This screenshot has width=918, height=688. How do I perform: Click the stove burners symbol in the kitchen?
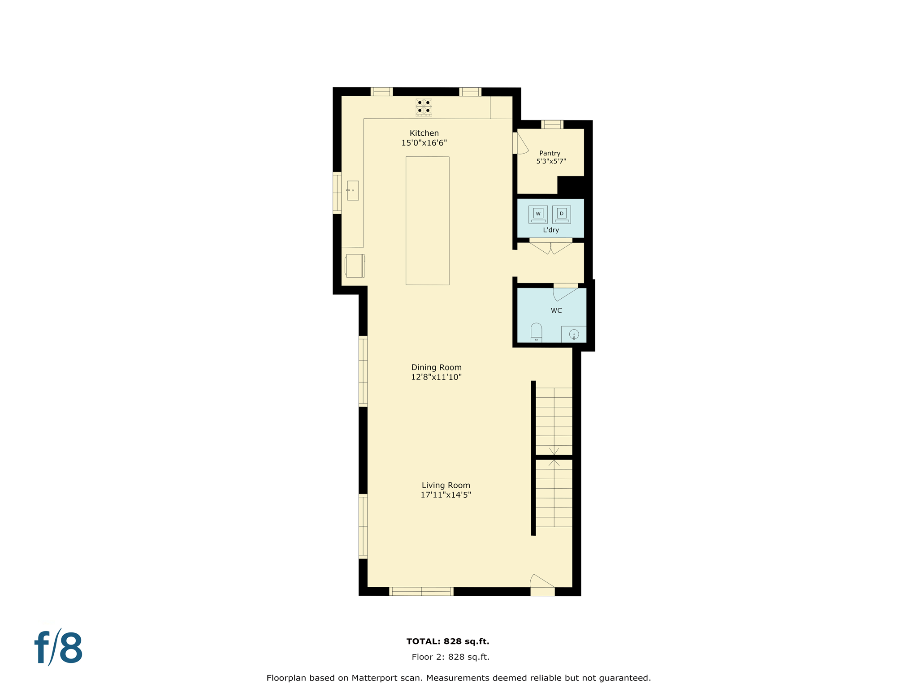tap(424, 107)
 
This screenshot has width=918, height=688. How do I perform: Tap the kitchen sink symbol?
tap(353, 190)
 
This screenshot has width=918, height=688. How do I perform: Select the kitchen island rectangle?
tap(427, 220)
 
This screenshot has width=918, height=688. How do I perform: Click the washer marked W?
tap(538, 214)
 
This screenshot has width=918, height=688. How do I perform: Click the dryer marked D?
tap(561, 214)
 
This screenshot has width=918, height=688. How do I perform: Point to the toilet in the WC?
tap(536, 332)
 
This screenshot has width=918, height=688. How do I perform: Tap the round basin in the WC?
tap(574, 334)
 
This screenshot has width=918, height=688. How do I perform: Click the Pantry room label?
tap(550, 153)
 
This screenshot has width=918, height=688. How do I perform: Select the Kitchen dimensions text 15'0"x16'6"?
tap(424, 143)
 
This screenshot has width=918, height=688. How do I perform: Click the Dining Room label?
tap(436, 367)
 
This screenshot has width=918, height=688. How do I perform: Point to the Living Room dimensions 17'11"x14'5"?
tap(446, 495)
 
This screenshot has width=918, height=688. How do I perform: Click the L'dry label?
tap(551, 230)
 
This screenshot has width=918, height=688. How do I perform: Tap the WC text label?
tap(556, 310)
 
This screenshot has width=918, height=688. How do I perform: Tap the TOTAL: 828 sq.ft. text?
tap(447, 641)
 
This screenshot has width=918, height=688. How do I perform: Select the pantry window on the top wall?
tap(552, 125)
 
